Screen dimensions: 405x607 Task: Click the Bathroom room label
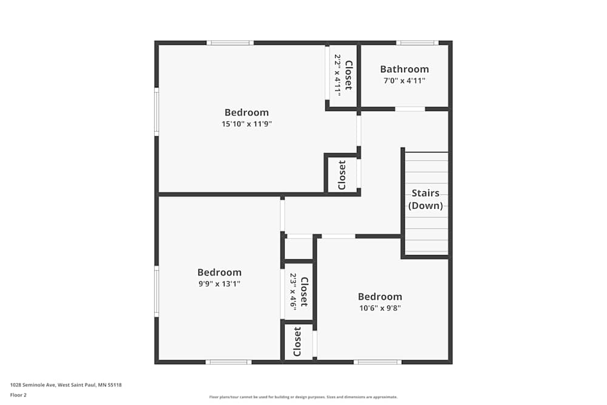pyautogui.click(x=404, y=69)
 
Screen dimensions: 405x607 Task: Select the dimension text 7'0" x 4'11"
pyautogui.click(x=404, y=81)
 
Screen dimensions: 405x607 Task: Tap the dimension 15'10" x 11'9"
pyautogui.click(x=246, y=124)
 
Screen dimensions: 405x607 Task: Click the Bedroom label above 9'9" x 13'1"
pyautogui.click(x=219, y=273)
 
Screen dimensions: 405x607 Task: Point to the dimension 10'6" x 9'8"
pyautogui.click(x=379, y=308)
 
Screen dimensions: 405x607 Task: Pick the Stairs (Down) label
pyautogui.click(x=426, y=199)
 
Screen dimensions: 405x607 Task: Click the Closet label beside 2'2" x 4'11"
pyautogui.click(x=348, y=75)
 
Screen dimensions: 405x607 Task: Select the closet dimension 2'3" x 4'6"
pyautogui.click(x=293, y=291)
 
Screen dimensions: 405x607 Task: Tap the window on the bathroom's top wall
pyautogui.click(x=417, y=43)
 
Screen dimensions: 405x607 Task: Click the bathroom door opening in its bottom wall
pyautogui.click(x=410, y=109)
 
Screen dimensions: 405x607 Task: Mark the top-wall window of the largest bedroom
pyautogui.click(x=230, y=43)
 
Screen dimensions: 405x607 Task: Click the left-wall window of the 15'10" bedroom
pyautogui.click(x=157, y=112)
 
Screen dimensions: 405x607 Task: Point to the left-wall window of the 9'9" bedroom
pyautogui.click(x=157, y=291)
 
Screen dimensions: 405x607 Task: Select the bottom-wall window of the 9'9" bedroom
pyautogui.click(x=228, y=362)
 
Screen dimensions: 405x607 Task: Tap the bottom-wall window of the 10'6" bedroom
pyautogui.click(x=377, y=362)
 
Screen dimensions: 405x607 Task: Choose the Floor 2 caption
pyautogui.click(x=18, y=395)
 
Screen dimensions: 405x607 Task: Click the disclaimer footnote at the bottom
pyautogui.click(x=303, y=397)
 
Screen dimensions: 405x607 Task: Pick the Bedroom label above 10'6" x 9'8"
pyautogui.click(x=379, y=297)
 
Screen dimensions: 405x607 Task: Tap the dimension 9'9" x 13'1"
pyautogui.click(x=219, y=284)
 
